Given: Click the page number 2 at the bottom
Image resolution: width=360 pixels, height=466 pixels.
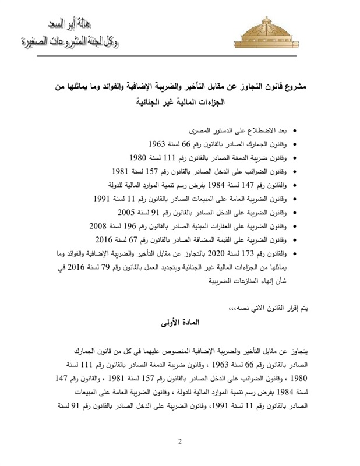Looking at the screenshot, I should (180, 440).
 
